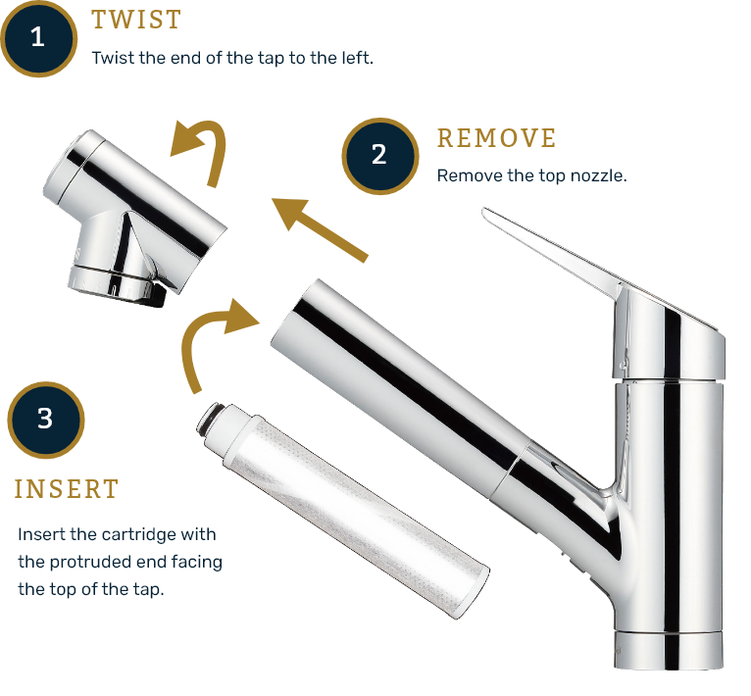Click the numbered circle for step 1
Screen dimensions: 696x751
[x=38, y=38]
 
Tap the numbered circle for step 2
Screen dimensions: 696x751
[x=379, y=155]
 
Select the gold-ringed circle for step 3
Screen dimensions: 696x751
[x=44, y=420]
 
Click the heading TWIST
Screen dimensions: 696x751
[x=136, y=20]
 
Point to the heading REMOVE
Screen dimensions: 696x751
[x=496, y=138]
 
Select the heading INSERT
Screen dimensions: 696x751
[x=66, y=489]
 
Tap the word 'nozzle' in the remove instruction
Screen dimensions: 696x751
[x=601, y=176]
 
